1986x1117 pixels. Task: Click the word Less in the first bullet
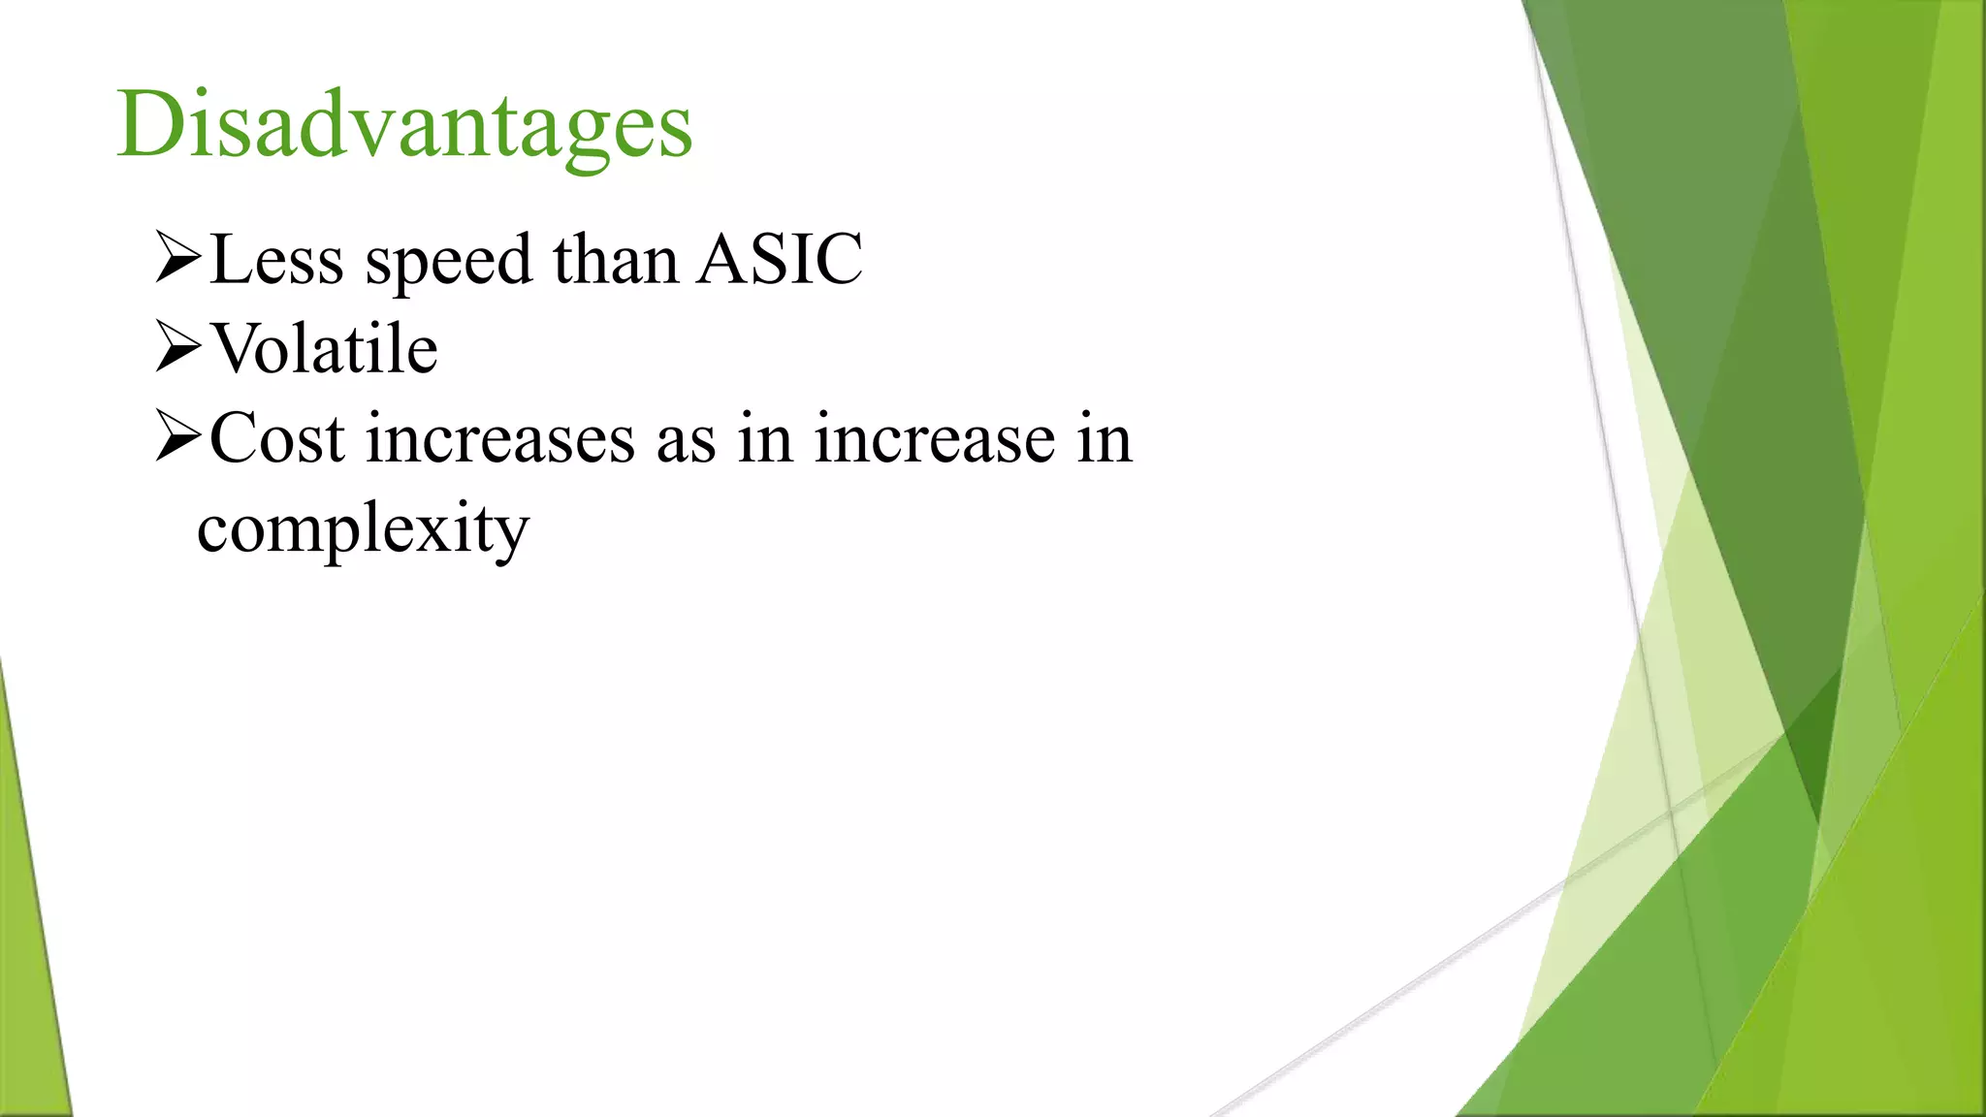[x=276, y=260]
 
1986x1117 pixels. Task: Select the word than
[x=615, y=259]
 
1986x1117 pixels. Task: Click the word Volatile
[x=325, y=348]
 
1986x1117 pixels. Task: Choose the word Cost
[x=276, y=438]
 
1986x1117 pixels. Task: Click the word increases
[x=499, y=438]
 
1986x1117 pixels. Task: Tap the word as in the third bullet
[x=686, y=440]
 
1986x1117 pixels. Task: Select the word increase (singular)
[x=933, y=438]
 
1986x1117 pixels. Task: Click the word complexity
[x=363, y=529]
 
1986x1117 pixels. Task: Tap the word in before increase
[x=765, y=438]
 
